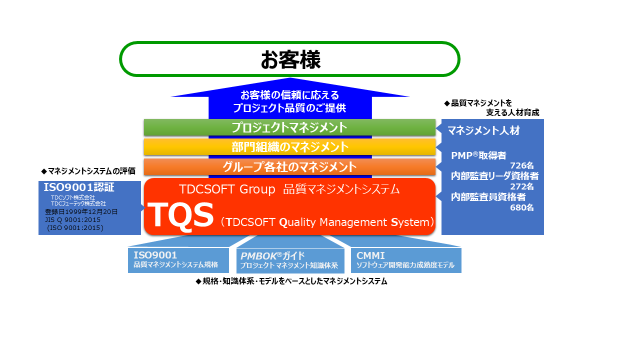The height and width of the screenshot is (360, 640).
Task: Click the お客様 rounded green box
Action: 289,59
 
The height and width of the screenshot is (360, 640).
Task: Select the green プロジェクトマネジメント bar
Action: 289,127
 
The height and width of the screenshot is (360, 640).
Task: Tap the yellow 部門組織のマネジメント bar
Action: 289,147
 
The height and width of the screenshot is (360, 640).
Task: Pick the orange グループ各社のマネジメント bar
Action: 289,166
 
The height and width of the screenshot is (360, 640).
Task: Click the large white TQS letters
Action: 180,215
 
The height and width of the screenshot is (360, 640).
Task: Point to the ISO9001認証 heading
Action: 79,187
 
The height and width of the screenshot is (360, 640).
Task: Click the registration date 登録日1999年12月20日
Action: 81,211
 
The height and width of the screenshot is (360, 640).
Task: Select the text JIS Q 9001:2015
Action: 73,219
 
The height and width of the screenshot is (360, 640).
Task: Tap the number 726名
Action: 522,165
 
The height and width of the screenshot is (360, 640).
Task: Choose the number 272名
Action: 522,186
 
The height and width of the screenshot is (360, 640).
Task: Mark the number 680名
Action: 522,207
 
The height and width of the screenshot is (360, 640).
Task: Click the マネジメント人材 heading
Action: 483,130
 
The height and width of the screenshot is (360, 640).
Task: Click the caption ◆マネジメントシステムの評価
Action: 88,171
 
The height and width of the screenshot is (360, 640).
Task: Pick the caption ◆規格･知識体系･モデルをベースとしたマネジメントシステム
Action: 291,281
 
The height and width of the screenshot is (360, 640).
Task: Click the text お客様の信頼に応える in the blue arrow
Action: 289,95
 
